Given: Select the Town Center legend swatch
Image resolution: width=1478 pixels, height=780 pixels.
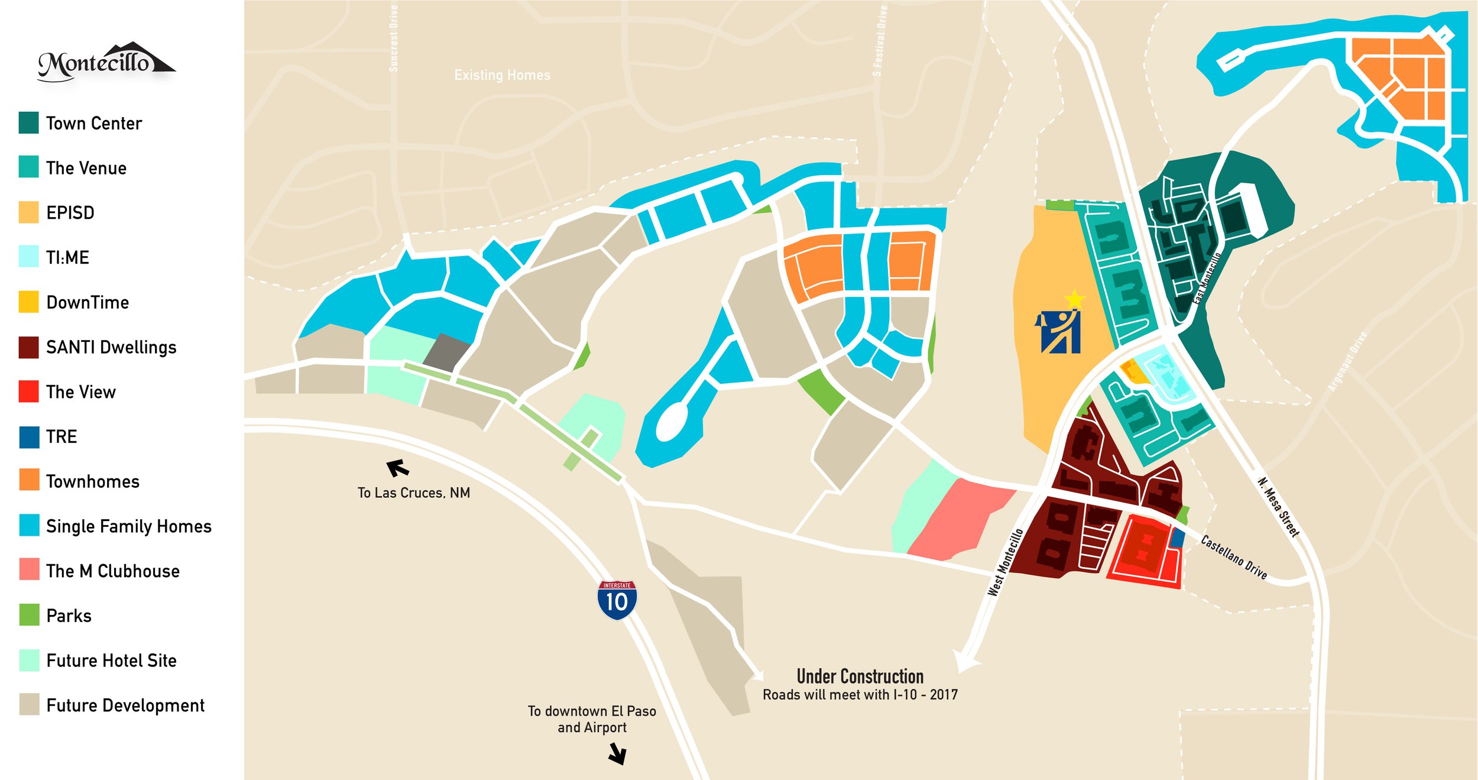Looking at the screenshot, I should (28, 122).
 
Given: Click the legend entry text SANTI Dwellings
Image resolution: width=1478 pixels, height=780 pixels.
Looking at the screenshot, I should (111, 347).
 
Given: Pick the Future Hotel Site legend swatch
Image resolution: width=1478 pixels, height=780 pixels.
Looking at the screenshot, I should (28, 660).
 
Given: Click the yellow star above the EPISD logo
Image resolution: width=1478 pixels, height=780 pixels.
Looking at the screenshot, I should (1074, 299).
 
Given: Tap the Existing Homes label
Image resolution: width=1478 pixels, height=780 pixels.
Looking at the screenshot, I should (502, 75).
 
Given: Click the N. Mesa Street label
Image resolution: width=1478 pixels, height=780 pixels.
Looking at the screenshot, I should (1278, 507).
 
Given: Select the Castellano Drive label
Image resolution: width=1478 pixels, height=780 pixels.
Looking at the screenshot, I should (1234, 557).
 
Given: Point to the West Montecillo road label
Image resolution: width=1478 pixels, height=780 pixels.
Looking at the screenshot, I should (1005, 562).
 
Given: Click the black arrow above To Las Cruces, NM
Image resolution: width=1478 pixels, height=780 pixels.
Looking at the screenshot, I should (397, 468).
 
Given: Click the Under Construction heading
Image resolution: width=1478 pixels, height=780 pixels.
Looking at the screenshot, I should (860, 676).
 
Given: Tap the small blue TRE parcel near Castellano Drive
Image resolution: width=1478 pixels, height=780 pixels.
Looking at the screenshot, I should (1178, 538).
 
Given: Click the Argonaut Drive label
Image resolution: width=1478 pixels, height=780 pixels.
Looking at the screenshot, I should (1347, 361).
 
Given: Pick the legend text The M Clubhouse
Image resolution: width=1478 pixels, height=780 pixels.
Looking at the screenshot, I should (112, 571).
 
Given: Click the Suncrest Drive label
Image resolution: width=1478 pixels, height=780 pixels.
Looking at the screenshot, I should (394, 38).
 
